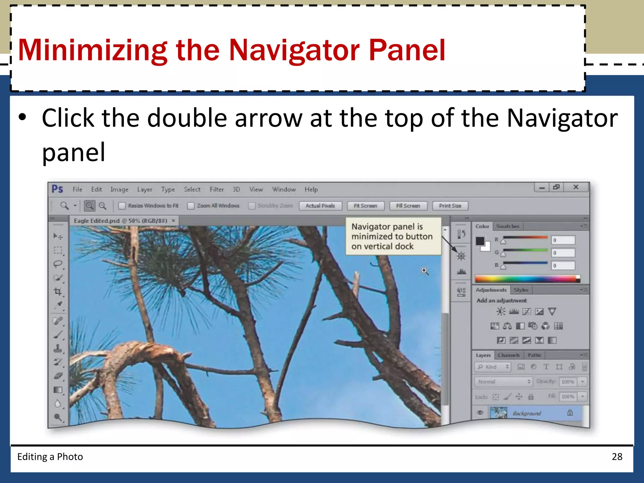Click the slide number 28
[x=617, y=457]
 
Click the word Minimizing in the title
[x=92, y=50]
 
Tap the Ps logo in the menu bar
[x=57, y=189]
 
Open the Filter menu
[x=217, y=189]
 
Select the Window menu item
[x=284, y=189]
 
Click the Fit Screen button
[x=365, y=206]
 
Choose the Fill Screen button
[x=408, y=206]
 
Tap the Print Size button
[x=450, y=206]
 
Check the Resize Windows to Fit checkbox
[x=122, y=206]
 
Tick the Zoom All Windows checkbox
[x=191, y=206]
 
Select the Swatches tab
[x=507, y=226]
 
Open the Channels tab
[x=508, y=355]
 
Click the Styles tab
[x=521, y=290]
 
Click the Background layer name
[x=527, y=413]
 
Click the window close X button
[x=576, y=187]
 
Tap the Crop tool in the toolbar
[x=58, y=291]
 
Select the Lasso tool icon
[x=58, y=264]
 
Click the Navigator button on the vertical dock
[x=461, y=256]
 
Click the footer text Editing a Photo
[x=50, y=457]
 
